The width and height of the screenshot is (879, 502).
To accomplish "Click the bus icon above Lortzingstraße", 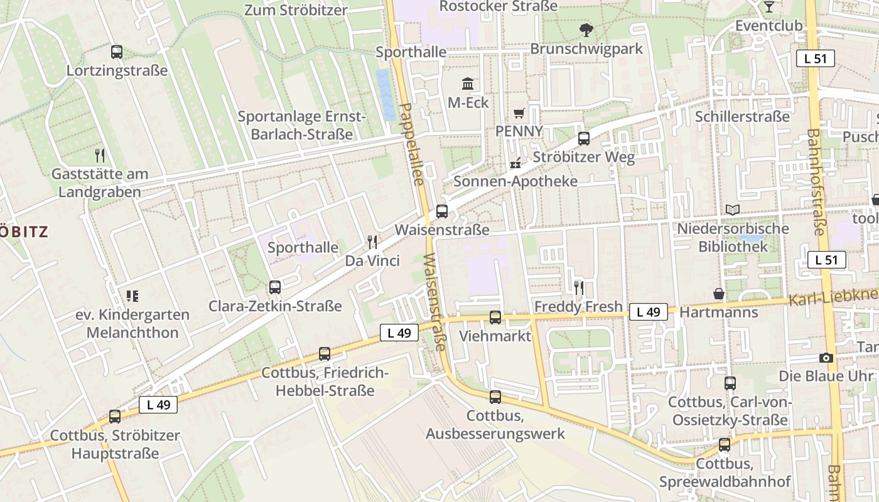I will (x=116, y=52).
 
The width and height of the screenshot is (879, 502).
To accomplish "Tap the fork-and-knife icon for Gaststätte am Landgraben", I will (x=99, y=155).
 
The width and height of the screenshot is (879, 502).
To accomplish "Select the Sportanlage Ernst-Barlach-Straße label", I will (x=301, y=125).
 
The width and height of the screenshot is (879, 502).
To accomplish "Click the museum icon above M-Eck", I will (x=468, y=84).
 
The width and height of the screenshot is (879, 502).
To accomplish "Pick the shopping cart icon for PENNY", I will (x=519, y=114).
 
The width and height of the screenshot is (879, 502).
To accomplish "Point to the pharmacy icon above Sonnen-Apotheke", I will (x=515, y=163).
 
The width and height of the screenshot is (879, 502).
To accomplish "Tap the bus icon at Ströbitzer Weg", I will (x=584, y=139).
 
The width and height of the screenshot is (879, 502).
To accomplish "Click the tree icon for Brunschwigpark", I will (x=586, y=29).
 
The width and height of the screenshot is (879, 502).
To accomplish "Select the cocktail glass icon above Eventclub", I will (x=768, y=7).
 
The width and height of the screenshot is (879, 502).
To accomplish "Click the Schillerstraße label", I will (x=742, y=117).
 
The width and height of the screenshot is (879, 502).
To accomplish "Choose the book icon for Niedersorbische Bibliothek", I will (x=732, y=210).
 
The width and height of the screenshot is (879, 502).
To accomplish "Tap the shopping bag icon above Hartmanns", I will (x=719, y=294).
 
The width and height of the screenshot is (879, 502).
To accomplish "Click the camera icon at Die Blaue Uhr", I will (x=826, y=358).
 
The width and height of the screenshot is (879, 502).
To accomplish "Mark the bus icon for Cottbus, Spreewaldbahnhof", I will (x=725, y=445).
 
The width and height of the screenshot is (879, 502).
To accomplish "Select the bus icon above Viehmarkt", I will (x=495, y=318).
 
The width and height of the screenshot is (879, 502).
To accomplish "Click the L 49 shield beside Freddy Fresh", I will (x=648, y=312).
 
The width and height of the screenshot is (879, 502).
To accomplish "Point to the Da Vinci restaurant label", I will (x=372, y=260).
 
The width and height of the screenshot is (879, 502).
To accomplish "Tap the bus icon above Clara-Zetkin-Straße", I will (x=275, y=287).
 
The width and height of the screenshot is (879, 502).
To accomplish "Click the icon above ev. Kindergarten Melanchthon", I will (x=132, y=296).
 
